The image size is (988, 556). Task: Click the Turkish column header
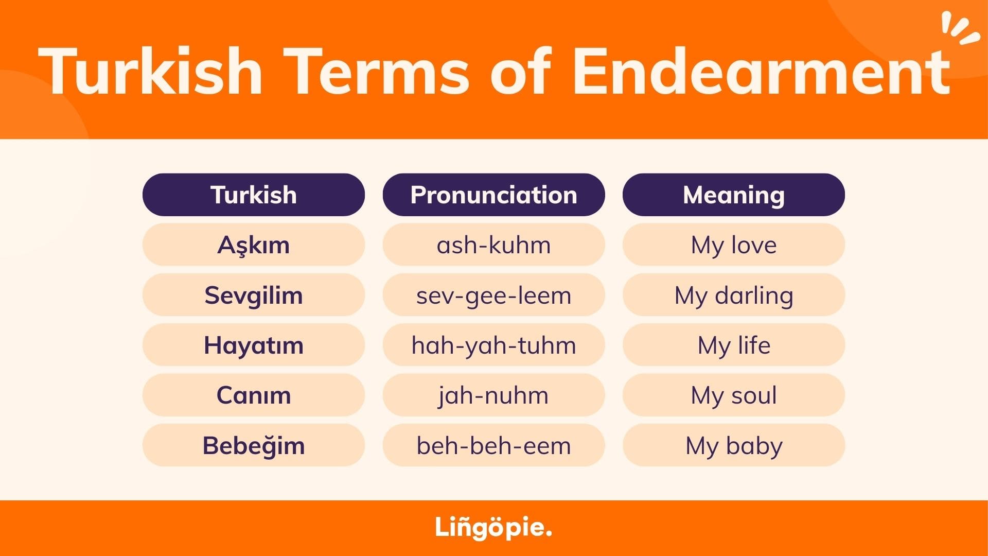(x=254, y=195)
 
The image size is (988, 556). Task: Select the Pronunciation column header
(x=493, y=195)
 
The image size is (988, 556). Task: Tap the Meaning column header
(x=734, y=195)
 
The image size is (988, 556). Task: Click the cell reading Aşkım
(x=254, y=245)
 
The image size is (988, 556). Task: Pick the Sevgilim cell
(x=254, y=295)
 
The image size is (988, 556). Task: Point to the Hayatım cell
(x=254, y=345)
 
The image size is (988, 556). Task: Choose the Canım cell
(x=254, y=395)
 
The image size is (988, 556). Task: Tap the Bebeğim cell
(x=254, y=445)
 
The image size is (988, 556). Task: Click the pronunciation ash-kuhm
(x=493, y=245)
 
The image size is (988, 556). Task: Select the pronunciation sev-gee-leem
(x=493, y=295)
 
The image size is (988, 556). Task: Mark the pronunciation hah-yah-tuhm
(x=493, y=345)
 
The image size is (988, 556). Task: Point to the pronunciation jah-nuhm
(x=493, y=395)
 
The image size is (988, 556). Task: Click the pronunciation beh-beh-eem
(x=493, y=445)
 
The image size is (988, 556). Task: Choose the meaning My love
(x=734, y=245)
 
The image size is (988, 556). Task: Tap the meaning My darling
(x=734, y=295)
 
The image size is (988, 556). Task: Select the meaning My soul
(x=734, y=395)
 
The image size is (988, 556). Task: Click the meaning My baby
(x=734, y=445)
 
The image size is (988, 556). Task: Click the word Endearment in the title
(x=762, y=71)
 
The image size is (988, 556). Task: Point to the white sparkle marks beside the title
(x=960, y=29)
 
